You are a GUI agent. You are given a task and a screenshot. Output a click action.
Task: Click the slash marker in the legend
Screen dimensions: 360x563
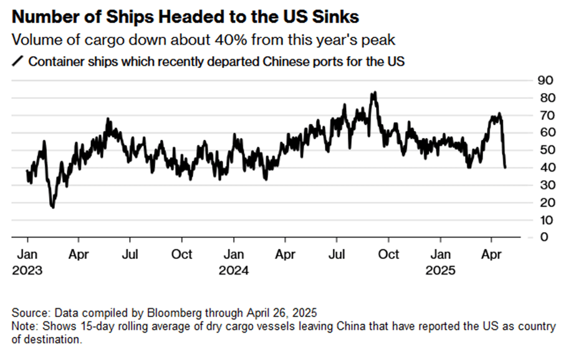17,61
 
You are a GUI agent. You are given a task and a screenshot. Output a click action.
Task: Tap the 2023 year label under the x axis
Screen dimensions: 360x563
27,271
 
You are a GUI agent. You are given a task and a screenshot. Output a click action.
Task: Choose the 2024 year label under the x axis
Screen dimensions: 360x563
233,271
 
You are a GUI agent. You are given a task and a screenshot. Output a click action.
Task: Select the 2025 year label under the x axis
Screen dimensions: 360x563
440,271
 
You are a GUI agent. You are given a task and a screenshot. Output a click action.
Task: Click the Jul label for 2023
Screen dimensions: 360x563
130,255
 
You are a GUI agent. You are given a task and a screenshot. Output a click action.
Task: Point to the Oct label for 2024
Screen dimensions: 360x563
388,255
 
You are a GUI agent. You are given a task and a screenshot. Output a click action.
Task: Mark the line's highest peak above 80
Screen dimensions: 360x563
373,92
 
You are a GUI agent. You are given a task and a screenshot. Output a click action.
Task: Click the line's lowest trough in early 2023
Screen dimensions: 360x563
53,207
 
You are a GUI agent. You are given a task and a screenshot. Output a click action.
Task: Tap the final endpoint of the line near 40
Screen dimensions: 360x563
504,167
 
